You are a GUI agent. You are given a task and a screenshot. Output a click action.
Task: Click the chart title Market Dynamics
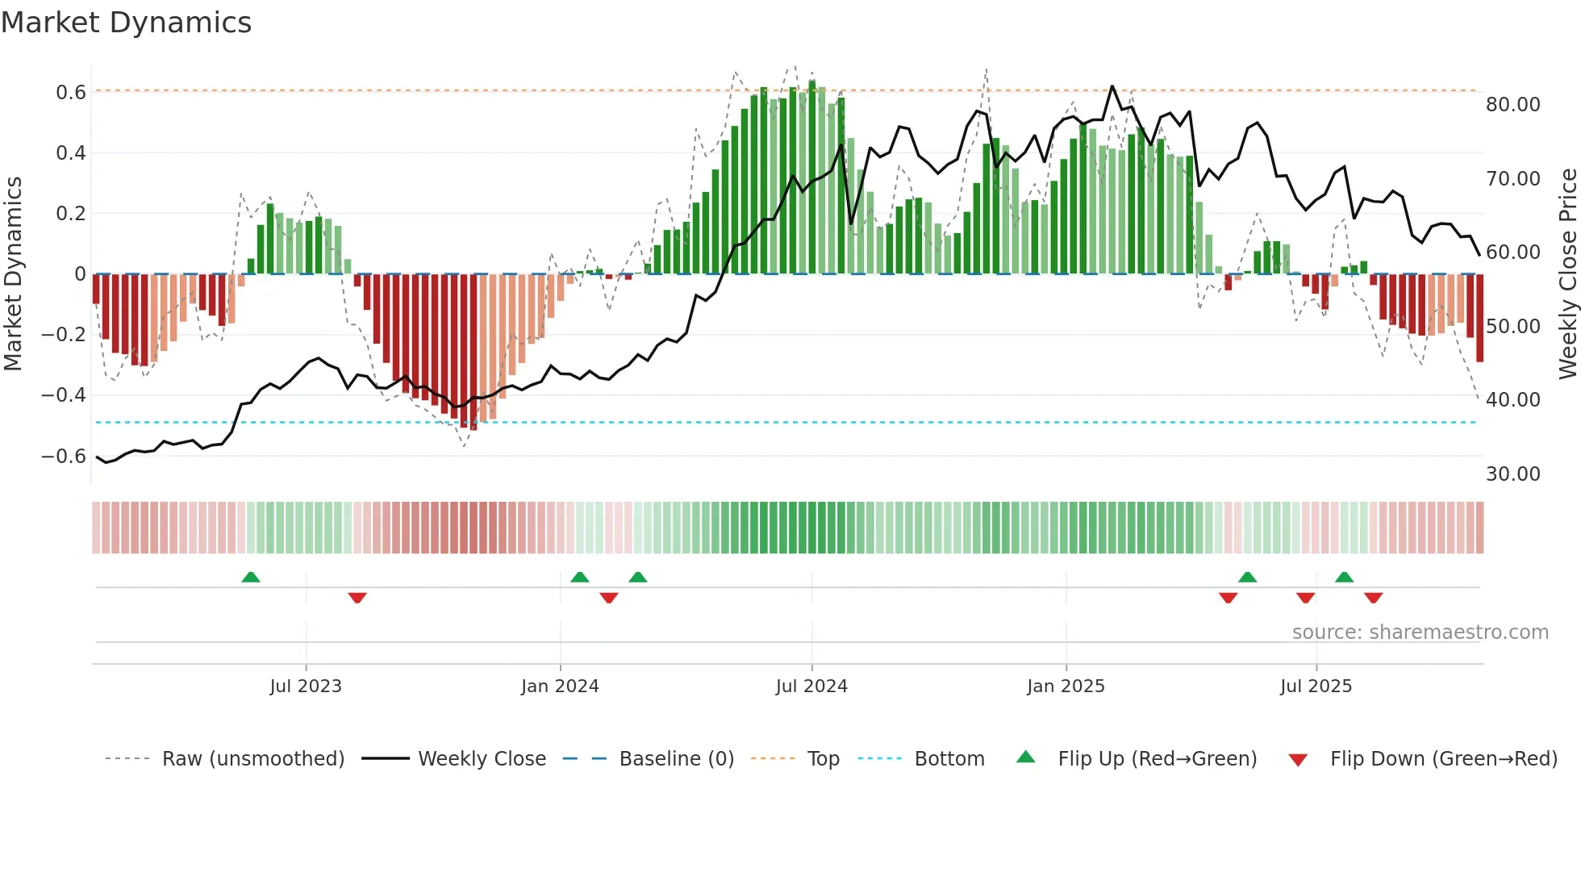pos(126,23)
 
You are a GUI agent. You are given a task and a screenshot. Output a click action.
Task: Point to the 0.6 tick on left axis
pos(71,93)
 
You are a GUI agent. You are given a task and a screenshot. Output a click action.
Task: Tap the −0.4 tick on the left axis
pos(64,395)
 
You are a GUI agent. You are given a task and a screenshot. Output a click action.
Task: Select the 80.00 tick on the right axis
pos(1512,105)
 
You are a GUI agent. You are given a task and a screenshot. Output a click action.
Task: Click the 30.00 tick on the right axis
pos(1512,474)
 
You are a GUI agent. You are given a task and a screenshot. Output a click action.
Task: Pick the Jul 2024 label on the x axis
pos(811,687)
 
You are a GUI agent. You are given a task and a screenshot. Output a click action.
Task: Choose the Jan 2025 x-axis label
pos(1066,687)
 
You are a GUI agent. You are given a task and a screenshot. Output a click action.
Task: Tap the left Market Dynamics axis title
pos(13,274)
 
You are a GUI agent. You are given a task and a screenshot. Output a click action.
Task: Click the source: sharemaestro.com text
pos(1420,632)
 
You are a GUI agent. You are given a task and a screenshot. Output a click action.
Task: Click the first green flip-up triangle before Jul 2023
pos(251,577)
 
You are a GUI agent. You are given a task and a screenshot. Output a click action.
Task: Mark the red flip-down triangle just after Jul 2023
pos(357,598)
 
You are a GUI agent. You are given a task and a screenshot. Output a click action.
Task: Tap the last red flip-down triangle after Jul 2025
pos(1374,598)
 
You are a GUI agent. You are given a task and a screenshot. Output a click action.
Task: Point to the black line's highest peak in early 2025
pos(1112,86)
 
